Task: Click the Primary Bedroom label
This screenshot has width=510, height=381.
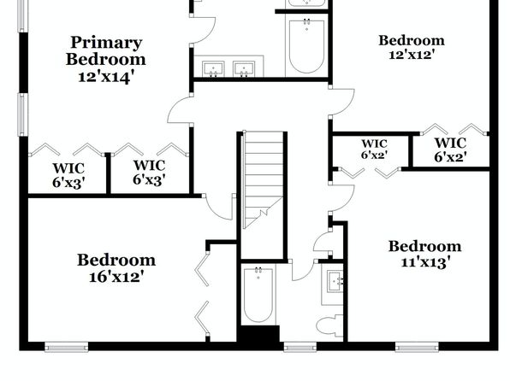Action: point(106,51)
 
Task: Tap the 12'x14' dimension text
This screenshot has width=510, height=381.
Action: point(106,77)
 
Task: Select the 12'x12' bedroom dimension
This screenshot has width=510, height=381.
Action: point(412,54)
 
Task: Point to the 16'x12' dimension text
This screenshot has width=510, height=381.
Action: point(116,277)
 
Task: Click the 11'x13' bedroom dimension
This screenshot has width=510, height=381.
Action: point(425,261)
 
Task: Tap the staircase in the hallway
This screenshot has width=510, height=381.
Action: point(264,179)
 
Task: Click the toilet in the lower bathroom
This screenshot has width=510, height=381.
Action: point(329,326)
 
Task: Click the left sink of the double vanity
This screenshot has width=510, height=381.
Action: point(213,69)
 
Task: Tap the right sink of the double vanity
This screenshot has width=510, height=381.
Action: point(244,69)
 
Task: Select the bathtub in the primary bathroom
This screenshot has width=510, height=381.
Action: point(306,47)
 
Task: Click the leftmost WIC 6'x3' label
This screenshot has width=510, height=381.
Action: point(68,176)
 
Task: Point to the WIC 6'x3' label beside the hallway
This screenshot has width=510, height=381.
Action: point(149,173)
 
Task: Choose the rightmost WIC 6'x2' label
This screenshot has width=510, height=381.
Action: point(450,149)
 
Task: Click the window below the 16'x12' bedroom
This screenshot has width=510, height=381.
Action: point(67,347)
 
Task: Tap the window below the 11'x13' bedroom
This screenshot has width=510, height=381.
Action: point(417,347)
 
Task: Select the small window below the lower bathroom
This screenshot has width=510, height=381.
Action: point(299,347)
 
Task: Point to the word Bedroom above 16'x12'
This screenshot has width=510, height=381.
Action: point(116,260)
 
